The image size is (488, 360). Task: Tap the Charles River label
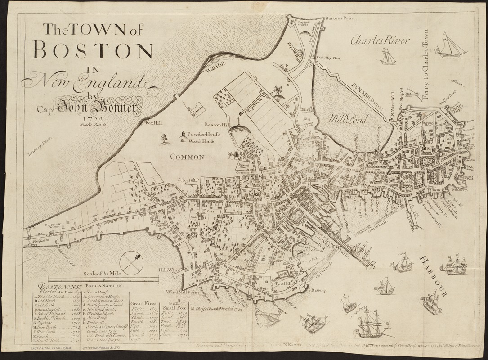tap(381, 40)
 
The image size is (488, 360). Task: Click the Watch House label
tap(202, 141)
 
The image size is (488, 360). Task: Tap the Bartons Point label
tap(341, 18)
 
